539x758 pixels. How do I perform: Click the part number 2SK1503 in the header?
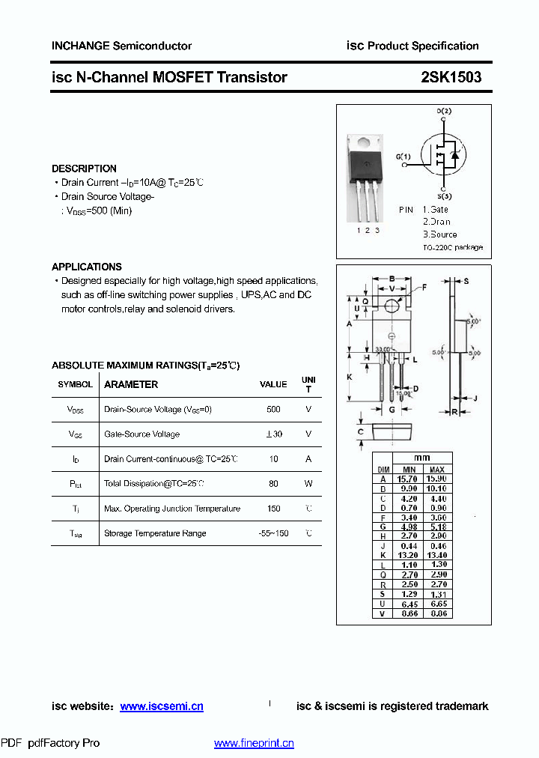point(451,77)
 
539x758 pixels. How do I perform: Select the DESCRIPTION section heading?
point(84,169)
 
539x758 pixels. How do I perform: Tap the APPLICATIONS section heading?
point(86,267)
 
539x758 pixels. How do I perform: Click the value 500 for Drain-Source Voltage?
point(273,410)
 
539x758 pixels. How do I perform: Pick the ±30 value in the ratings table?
point(273,434)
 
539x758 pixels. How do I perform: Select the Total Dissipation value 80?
point(273,484)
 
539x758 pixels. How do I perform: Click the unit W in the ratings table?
point(308,484)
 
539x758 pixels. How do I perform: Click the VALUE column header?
point(273,384)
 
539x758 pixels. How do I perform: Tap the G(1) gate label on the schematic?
point(404,157)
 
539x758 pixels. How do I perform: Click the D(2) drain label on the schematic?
point(444,111)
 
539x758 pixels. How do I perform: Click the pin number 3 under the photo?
point(377,230)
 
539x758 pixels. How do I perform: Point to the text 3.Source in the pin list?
point(439,234)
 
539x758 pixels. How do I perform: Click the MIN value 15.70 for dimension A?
point(406,479)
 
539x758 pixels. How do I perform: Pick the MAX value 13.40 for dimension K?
point(436,556)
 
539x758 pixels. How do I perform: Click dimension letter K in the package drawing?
point(350,377)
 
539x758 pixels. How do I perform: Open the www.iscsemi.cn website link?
point(161,706)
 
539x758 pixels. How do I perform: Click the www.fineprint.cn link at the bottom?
point(254,743)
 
